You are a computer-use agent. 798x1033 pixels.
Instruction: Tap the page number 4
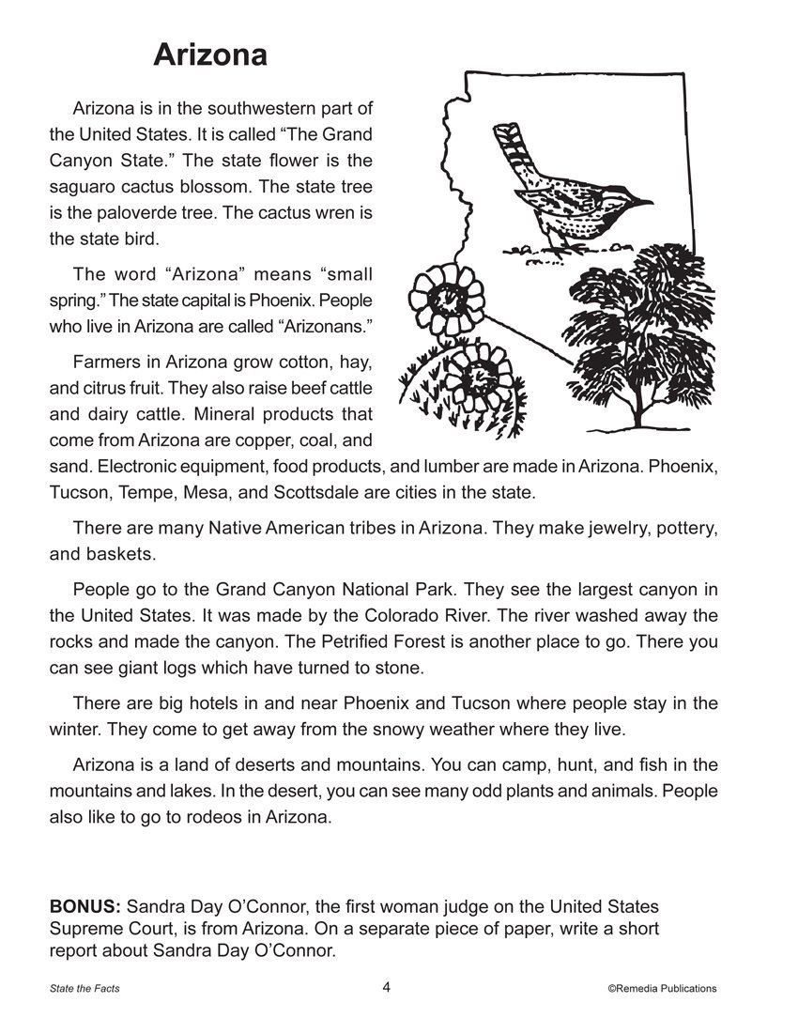tap(387, 987)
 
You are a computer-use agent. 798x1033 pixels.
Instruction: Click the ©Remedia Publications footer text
tap(661, 988)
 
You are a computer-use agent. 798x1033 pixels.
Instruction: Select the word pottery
tap(683, 528)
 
